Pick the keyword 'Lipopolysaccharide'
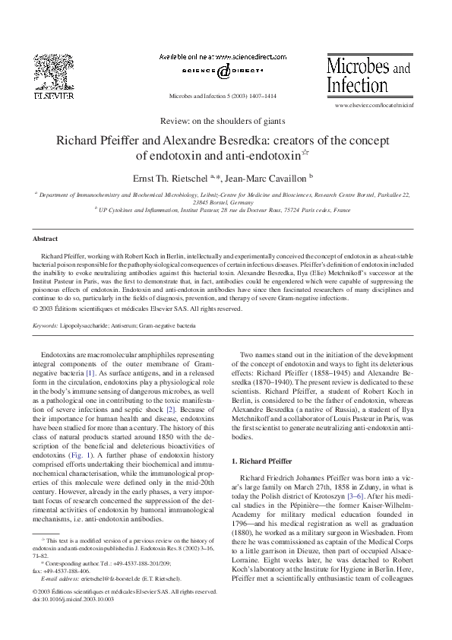tap(86, 326)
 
